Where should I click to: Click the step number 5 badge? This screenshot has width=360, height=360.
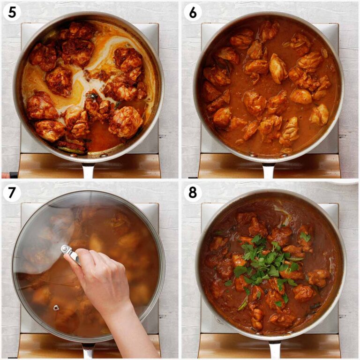[x=12, y=12]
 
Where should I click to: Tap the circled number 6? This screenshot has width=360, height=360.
[x=192, y=12]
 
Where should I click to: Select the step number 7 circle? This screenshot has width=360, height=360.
[x=12, y=193]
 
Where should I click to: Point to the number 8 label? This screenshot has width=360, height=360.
[x=192, y=193]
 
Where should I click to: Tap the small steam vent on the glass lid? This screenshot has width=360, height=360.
[x=56, y=308]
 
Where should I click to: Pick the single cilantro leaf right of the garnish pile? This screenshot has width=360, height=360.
[x=306, y=237]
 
